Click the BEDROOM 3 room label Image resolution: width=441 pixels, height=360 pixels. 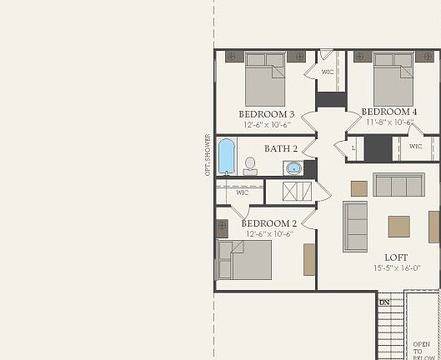[x=267, y=113]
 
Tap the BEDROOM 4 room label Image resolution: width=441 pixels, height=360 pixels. [x=389, y=112]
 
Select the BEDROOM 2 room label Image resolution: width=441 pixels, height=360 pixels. [x=268, y=223]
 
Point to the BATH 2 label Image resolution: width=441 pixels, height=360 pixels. [x=281, y=149]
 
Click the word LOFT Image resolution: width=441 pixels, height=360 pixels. [x=396, y=257]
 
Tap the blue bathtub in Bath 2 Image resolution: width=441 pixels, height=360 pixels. [x=227, y=156]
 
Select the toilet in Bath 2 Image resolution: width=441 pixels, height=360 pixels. [x=250, y=166]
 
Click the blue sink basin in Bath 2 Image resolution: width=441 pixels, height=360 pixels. [x=293, y=168]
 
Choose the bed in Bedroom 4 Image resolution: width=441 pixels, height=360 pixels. [x=393, y=78]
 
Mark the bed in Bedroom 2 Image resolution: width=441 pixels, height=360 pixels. [x=245, y=259]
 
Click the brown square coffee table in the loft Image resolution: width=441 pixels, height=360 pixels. [x=398, y=227]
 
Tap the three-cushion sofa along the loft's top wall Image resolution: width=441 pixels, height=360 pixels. [x=398, y=184]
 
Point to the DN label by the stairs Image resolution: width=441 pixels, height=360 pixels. [x=384, y=302]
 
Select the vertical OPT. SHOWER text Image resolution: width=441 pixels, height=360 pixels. [x=208, y=154]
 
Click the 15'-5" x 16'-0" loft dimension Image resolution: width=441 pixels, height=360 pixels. [x=396, y=268]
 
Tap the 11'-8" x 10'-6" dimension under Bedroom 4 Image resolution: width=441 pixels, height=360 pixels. [x=390, y=122]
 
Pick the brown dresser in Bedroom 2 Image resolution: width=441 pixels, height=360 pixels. [x=309, y=259]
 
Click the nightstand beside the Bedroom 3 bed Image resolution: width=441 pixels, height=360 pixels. [x=233, y=57]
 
